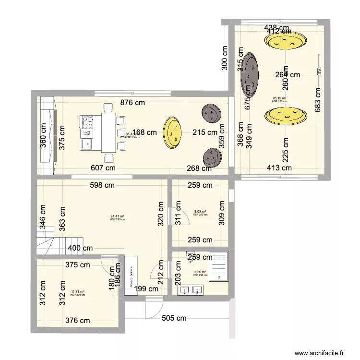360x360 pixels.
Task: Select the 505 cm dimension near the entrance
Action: pos(174,318)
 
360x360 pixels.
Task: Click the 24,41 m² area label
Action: pos(117,216)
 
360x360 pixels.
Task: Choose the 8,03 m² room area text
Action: pos(200,212)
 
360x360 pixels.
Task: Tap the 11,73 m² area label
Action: pos(77,291)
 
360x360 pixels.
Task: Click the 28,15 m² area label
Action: pos(279,98)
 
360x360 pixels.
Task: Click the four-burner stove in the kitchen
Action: pos(87,120)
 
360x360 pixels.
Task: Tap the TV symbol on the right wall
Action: pos(319,72)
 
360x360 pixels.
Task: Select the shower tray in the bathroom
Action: pos(220,265)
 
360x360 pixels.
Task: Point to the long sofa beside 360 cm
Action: pos(48,135)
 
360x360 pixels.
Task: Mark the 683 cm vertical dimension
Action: pos(318,100)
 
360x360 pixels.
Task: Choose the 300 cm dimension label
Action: pos(225,59)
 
